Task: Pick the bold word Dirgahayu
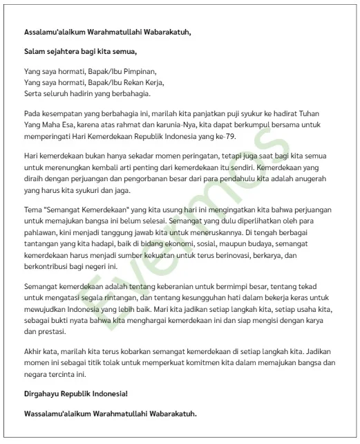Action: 46,394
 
